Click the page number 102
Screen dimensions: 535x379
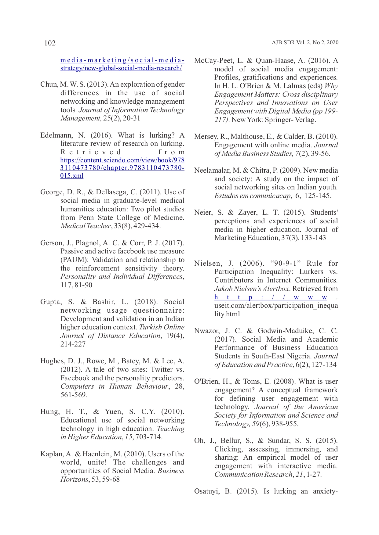pos(50,43)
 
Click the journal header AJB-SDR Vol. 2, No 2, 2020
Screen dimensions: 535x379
pos(305,42)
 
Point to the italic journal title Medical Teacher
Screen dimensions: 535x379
pos(85,226)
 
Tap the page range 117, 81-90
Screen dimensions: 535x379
pos(76,285)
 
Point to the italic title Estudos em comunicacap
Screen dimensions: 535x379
pos(253,196)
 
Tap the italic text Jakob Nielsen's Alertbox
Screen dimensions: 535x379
pos(252,289)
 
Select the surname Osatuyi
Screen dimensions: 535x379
pos(209,491)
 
